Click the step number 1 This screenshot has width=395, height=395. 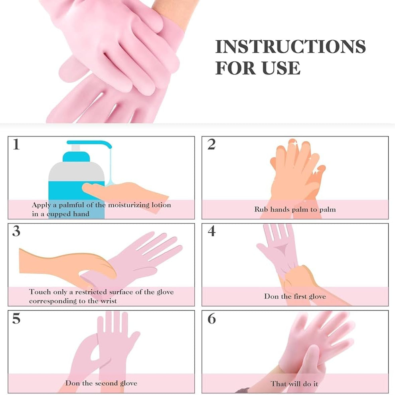[16, 144]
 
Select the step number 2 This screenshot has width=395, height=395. [211, 144]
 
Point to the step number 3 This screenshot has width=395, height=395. [16, 231]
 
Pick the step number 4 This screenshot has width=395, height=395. [211, 231]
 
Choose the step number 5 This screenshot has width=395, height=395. [16, 319]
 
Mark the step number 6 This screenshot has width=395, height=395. [211, 319]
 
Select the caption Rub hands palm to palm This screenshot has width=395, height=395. [295, 209]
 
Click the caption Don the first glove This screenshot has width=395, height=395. [295, 296]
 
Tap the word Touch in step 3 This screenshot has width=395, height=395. [40, 292]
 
